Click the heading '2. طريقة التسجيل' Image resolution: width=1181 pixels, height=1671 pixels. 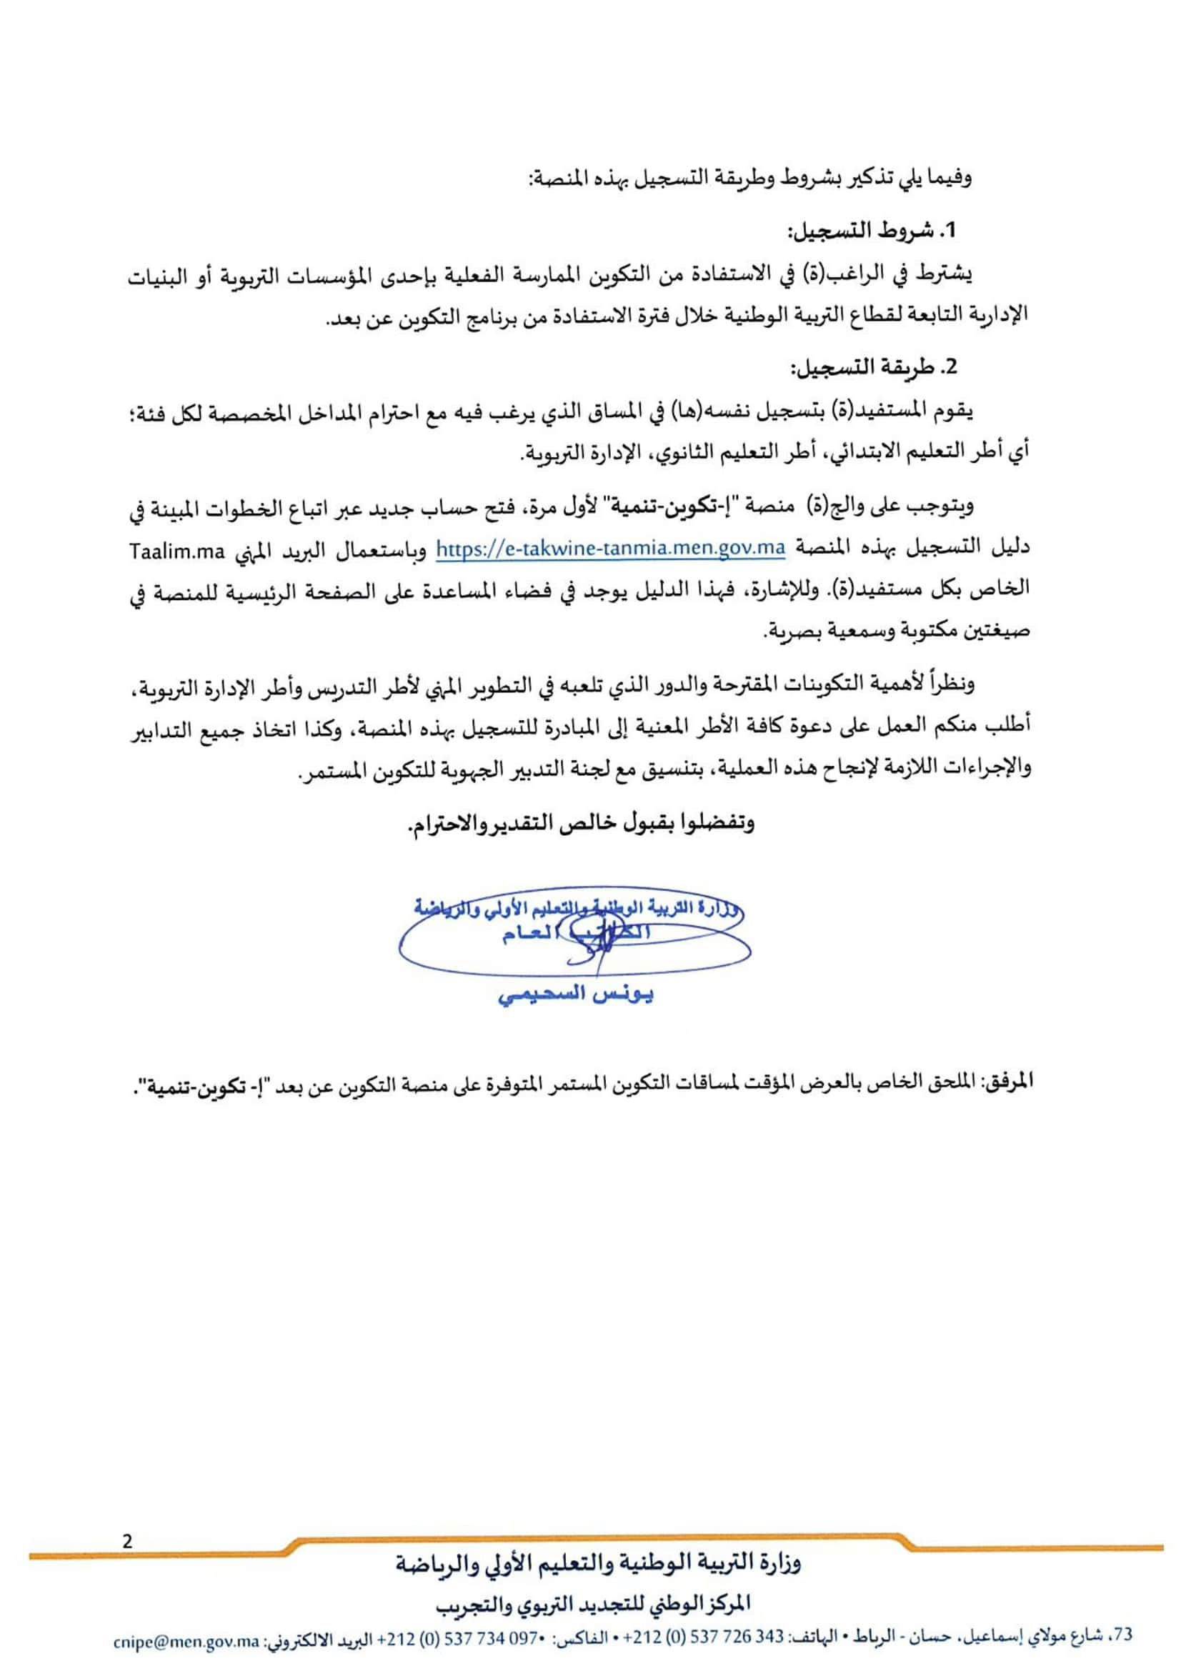tap(872, 367)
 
